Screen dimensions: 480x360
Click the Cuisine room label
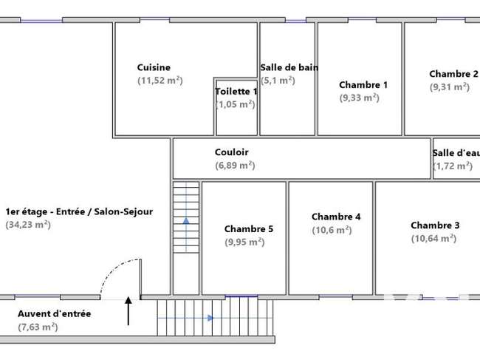click(154, 67)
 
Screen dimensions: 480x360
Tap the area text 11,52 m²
click(160, 81)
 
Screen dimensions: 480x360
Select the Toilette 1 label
click(236, 92)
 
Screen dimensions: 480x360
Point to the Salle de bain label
click(289, 67)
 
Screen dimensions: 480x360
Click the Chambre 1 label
click(363, 84)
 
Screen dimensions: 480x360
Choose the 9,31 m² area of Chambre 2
click(450, 87)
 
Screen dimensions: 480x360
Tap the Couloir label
click(232, 152)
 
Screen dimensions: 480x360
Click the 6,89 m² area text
click(235, 166)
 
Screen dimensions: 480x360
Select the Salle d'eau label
click(456, 153)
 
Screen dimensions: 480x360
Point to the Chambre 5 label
click(249, 229)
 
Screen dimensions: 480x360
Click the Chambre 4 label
click(336, 217)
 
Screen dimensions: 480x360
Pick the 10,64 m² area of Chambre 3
click(433, 238)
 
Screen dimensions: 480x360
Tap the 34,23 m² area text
click(28, 225)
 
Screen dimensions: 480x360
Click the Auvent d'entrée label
click(55, 313)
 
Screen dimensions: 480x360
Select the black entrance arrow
click(128, 310)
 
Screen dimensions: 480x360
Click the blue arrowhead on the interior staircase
click(186, 220)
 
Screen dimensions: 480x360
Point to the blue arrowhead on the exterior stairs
click(210, 318)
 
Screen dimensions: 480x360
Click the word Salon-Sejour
click(123, 211)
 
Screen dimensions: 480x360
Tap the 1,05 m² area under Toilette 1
click(236, 104)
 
